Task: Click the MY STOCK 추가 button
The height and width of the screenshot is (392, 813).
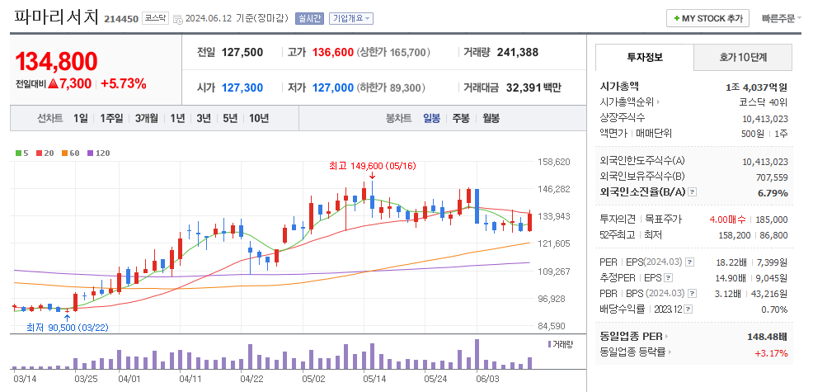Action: (x=708, y=18)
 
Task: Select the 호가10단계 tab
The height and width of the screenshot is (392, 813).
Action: (x=743, y=57)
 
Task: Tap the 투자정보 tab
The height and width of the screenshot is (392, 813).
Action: (x=644, y=57)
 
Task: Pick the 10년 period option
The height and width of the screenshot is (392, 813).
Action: (x=258, y=118)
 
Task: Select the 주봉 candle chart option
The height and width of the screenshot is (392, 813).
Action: (x=460, y=118)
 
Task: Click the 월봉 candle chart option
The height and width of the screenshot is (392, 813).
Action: (x=491, y=118)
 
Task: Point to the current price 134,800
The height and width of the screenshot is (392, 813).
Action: (x=56, y=61)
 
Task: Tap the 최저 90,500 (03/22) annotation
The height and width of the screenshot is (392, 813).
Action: (x=67, y=328)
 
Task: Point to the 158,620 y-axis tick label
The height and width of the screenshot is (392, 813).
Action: (x=554, y=162)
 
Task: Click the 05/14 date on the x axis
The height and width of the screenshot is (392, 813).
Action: (x=374, y=379)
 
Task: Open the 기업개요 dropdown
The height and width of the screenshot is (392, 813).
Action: (x=351, y=18)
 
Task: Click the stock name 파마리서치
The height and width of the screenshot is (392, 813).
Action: (x=56, y=17)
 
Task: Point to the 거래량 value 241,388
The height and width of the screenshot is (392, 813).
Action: (x=518, y=52)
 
